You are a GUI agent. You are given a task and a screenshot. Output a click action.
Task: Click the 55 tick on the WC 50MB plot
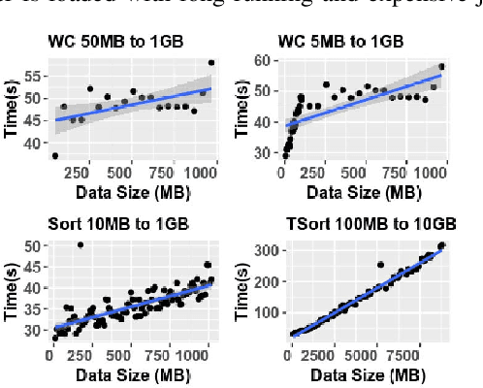click(x=33, y=75)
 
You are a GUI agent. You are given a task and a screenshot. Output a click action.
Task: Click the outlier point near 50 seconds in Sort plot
click(x=80, y=244)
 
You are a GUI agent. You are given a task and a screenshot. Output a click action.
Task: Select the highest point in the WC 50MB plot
click(x=211, y=63)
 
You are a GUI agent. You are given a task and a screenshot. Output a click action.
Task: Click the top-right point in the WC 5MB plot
click(x=442, y=67)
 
